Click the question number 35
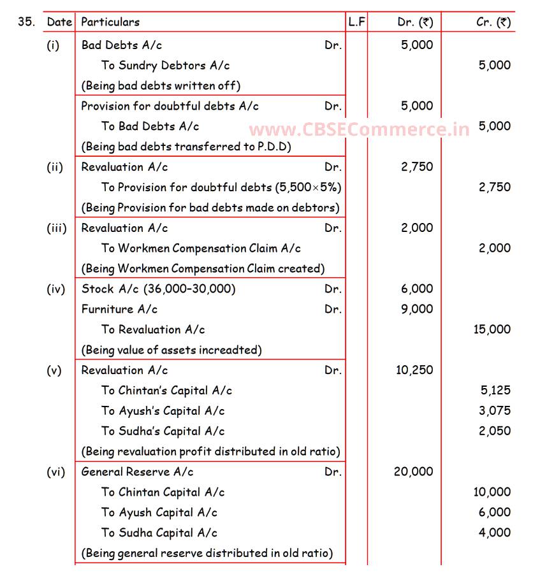click(x=26, y=22)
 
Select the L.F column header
click(x=356, y=22)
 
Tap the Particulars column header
click(x=110, y=22)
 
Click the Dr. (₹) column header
click(x=415, y=22)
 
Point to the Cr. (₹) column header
click(x=493, y=22)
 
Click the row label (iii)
click(x=57, y=228)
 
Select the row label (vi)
click(x=56, y=472)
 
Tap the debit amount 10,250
click(x=414, y=370)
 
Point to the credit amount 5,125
click(x=495, y=391)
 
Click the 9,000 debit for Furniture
click(x=417, y=309)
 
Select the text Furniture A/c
click(x=119, y=309)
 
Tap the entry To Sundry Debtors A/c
click(x=165, y=65)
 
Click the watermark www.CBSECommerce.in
click(x=359, y=130)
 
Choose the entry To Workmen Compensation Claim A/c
click(x=201, y=248)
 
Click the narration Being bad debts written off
click(x=161, y=85)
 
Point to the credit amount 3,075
click(x=495, y=411)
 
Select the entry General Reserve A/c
click(x=137, y=472)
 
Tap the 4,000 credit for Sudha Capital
click(x=495, y=533)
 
